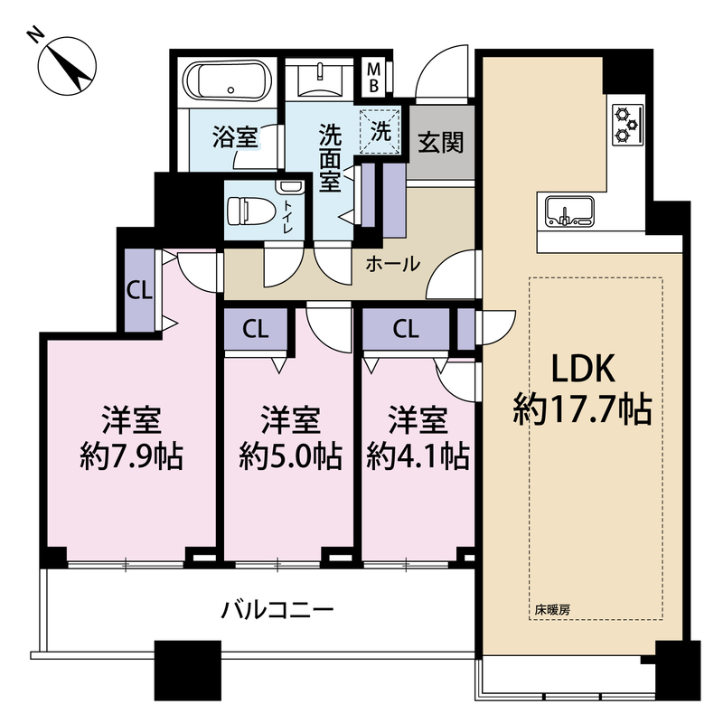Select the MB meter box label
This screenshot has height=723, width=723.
click(373, 78)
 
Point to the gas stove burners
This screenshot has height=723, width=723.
click(627, 125)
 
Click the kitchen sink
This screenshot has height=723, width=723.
click(569, 211)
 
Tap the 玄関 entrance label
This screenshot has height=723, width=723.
click(440, 142)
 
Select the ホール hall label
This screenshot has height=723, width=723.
click(393, 264)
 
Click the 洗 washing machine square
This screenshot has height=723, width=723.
click(380, 131)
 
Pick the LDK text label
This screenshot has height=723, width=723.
click(584, 368)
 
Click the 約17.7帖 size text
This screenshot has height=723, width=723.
click(583, 409)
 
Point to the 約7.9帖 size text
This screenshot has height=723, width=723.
click(132, 456)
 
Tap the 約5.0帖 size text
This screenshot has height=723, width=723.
click(290, 456)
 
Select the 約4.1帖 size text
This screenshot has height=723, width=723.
click(418, 456)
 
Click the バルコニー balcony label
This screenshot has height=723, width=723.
click(277, 610)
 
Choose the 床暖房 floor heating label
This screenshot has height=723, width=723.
click(552, 610)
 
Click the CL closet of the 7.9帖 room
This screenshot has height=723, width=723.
click(140, 290)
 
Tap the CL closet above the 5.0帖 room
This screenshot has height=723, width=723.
click(256, 329)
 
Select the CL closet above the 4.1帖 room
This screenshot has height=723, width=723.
click(406, 329)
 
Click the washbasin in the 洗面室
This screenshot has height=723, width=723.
click(319, 81)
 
